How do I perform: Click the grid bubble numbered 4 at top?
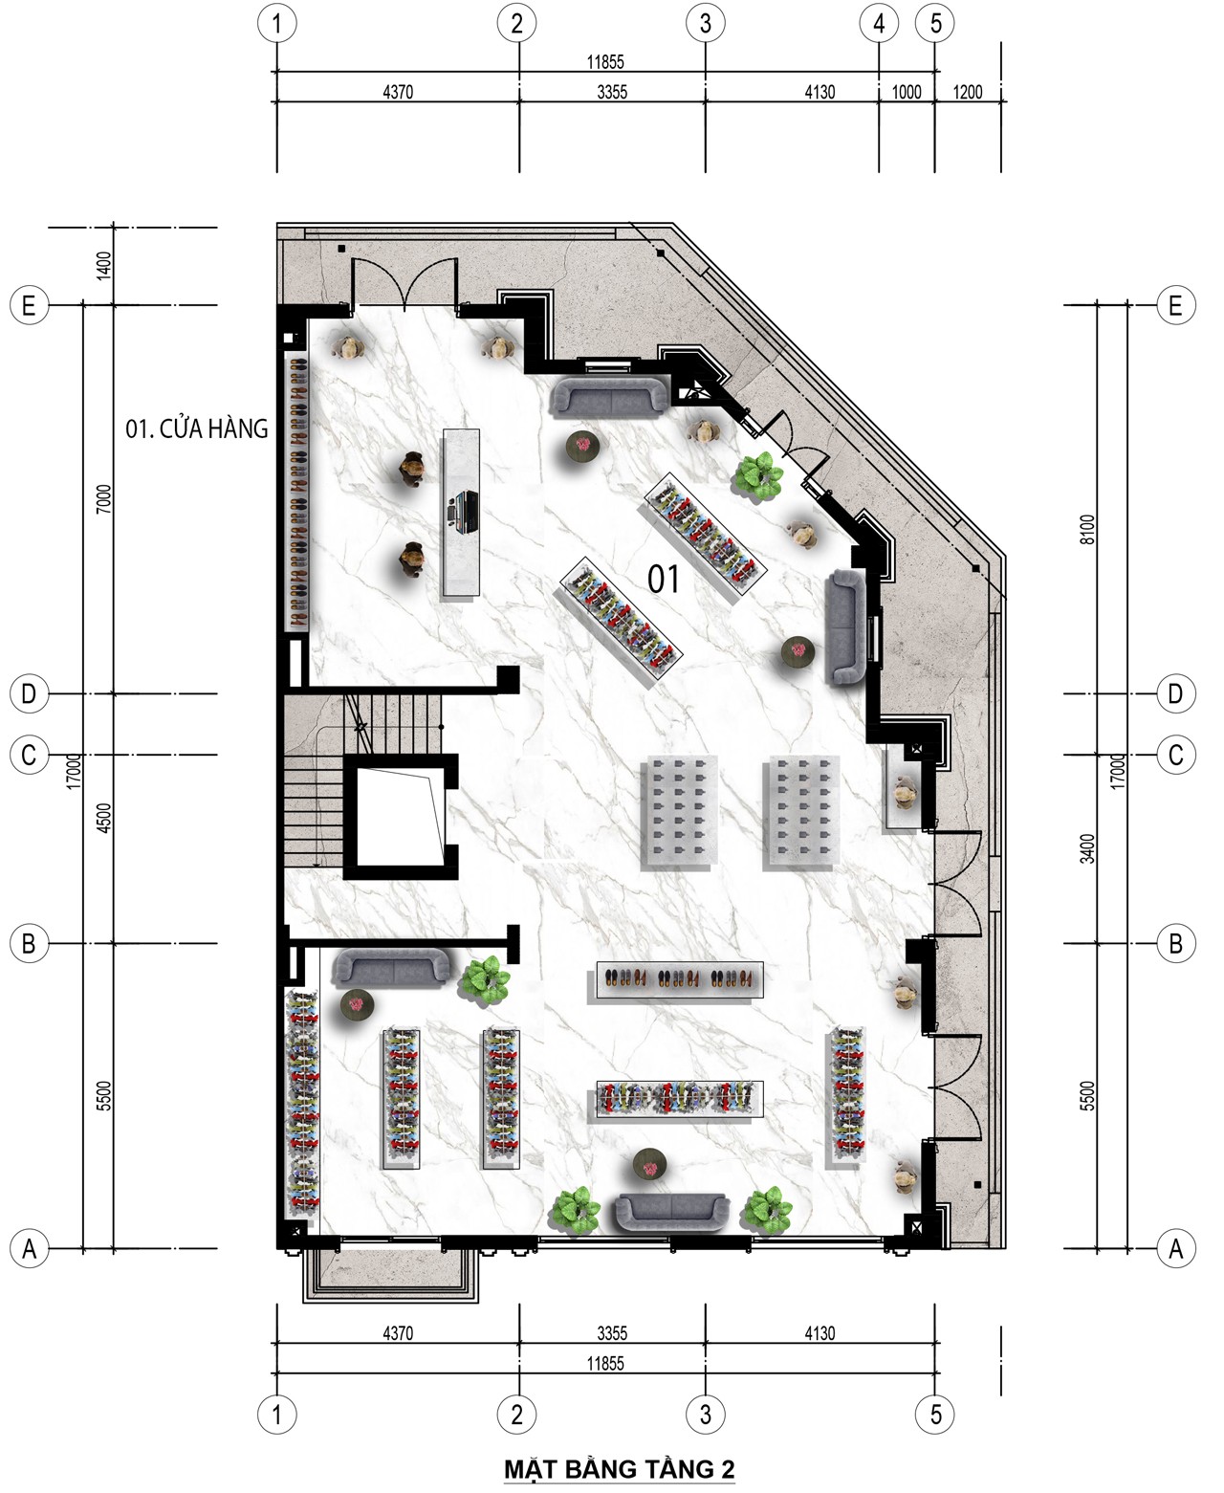coord(879,24)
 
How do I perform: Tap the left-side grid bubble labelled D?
coord(29,693)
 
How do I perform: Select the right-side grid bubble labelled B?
coord(1176,944)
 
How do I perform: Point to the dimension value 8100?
coord(1088,529)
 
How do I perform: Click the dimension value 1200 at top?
coord(967,92)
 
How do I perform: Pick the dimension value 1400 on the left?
coord(104,266)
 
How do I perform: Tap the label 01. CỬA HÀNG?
coord(197,429)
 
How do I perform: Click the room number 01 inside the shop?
coord(664,579)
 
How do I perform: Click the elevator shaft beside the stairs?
coord(401,817)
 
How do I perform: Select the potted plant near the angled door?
coord(759,475)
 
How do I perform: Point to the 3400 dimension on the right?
coord(1088,848)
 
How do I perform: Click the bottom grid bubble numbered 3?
coord(705,1415)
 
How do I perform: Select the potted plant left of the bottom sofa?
coord(576,1211)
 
